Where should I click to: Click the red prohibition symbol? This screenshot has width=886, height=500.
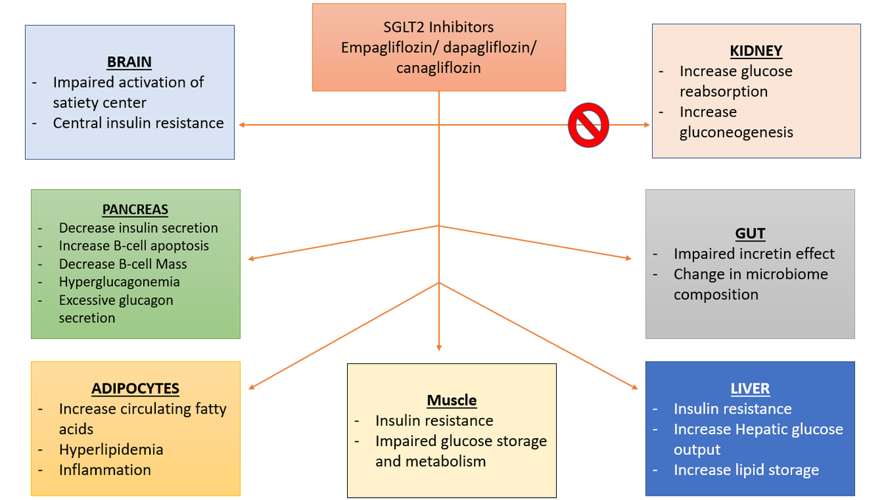coord(588,124)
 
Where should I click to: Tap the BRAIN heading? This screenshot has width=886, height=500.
coord(129,62)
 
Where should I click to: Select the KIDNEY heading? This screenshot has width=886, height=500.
coord(755,51)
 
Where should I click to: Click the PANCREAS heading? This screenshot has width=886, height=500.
coord(135,210)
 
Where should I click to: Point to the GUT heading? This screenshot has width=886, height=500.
coord(749,233)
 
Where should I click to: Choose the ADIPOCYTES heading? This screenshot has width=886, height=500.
coord(135,388)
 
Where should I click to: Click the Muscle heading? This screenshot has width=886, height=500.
coord(451,400)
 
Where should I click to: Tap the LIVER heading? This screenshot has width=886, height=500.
coord(749,388)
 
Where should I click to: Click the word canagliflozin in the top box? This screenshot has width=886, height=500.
coord(439,67)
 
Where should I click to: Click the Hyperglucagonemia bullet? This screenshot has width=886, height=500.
coord(119,281)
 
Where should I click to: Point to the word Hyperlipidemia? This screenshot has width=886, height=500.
coord(111,449)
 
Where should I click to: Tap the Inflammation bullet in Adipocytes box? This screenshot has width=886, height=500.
coord(105,470)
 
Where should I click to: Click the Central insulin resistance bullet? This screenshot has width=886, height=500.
coord(138,123)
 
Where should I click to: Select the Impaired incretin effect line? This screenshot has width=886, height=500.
coord(754,253)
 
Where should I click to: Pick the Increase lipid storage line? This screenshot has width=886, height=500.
coord(746,470)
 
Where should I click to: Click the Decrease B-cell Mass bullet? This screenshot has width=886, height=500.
coord(123,264)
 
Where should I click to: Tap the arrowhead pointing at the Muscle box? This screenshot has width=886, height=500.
coord(439,346)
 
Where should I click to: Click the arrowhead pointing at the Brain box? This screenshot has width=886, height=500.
coord(242,125)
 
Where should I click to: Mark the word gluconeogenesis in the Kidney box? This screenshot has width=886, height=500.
coord(736,132)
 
